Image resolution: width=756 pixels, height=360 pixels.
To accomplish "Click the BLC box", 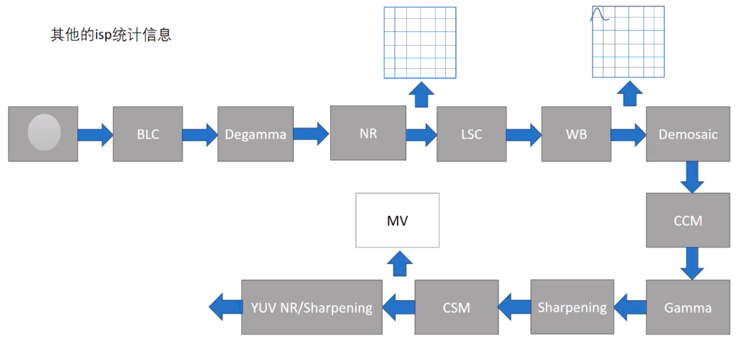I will tap(147, 134).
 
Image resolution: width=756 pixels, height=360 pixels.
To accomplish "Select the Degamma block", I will tap(255, 134).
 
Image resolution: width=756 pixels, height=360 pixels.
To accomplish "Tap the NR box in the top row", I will tap(368, 133).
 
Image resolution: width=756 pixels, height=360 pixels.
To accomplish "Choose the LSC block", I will tap(471, 134).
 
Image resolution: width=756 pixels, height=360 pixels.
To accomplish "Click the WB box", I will tap(575, 134).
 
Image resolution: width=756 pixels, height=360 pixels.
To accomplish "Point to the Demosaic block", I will tap(687, 134).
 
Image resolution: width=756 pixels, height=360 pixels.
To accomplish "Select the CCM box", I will tap(687, 220).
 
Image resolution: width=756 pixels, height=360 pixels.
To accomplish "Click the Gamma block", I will tap(687, 307).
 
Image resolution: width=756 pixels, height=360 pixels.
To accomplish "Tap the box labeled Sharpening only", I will tap(572, 307).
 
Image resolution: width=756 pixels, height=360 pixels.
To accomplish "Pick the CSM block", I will tap(456, 307).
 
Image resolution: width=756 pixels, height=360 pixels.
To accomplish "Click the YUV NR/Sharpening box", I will tap(311, 307).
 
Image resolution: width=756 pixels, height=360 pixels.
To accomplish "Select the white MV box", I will tap(397, 220).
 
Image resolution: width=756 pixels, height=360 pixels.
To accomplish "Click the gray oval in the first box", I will tap(44, 133).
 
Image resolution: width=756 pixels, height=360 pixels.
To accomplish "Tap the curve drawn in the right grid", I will tap(600, 15).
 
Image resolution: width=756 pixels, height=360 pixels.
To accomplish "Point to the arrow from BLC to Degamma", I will tap(199, 134).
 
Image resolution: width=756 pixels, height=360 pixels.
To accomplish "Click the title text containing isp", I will tap(111, 35).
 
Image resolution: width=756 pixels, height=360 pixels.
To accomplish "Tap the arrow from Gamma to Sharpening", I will tap(630, 307).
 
